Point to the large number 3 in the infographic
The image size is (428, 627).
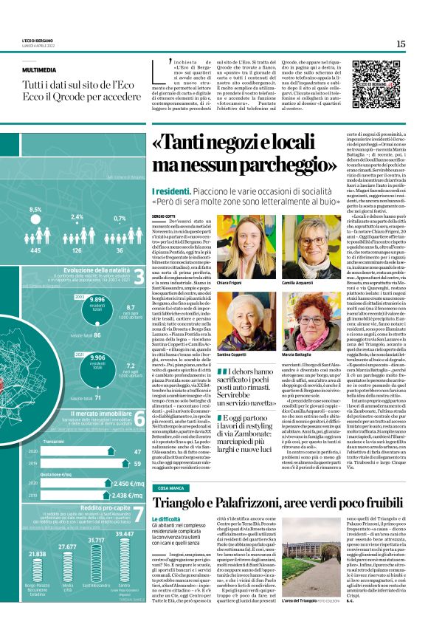coord(139,277)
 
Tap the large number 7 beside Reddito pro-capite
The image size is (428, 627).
coord(139,515)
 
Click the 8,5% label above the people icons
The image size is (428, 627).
coord(35,210)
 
